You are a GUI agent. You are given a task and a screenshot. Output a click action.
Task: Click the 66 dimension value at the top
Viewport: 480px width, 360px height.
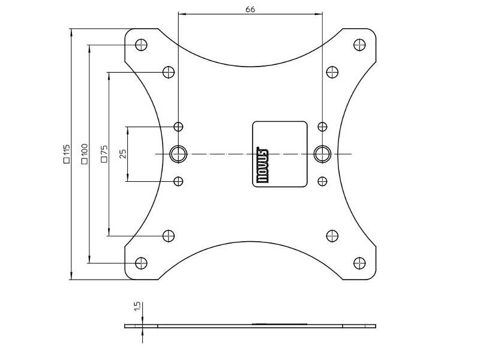tap(250, 9)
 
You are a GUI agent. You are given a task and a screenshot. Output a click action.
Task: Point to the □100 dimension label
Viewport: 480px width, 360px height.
tap(85, 154)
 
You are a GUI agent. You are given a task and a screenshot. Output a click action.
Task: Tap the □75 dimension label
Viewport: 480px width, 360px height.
tap(104, 154)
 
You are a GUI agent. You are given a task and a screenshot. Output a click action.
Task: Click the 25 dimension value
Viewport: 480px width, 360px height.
tap(123, 154)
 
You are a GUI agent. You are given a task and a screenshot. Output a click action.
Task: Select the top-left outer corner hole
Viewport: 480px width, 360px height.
tap(142, 44)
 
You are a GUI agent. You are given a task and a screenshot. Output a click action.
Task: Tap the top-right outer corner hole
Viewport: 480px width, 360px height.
tap(359, 44)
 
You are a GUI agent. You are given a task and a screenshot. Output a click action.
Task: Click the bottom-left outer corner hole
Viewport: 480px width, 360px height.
tap(142, 263)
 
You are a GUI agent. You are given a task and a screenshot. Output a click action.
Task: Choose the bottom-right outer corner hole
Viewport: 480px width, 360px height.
tap(359, 263)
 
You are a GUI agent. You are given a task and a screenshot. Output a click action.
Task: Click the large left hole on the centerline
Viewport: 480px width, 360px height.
tap(178, 154)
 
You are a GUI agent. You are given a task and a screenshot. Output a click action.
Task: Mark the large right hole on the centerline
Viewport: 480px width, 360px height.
tap(323, 154)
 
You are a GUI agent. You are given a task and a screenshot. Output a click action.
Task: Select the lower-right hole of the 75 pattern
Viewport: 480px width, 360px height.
tap(332, 236)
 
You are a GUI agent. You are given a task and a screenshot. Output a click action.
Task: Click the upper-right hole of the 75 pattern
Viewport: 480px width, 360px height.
tap(332, 73)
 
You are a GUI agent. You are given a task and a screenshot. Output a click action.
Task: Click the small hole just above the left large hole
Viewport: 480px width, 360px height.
tap(178, 127)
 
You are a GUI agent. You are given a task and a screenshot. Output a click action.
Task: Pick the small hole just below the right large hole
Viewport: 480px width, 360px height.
tap(323, 181)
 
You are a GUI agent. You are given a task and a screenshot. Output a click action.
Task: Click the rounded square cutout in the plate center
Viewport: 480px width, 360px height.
tap(280, 154)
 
